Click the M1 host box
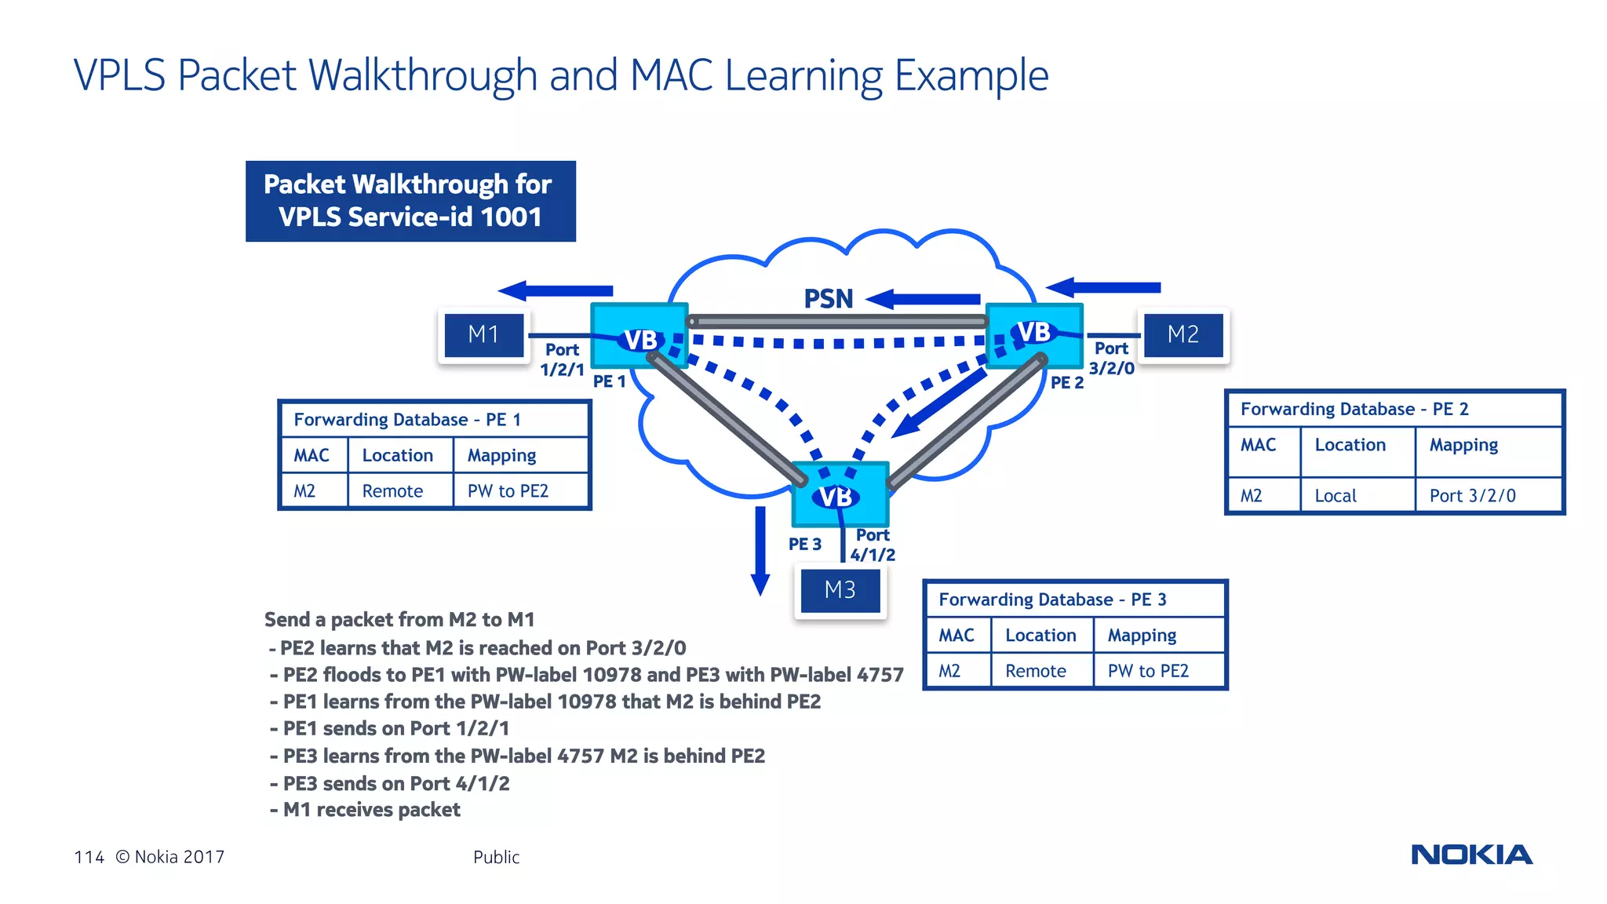coord(483,335)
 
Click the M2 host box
coord(1182,335)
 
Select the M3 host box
coord(840,590)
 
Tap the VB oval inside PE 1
coord(640,340)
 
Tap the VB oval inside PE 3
coord(835,497)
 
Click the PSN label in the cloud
coord(828,299)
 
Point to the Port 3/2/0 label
coord(1111,358)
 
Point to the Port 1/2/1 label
coord(562,359)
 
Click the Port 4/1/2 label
coord(873,545)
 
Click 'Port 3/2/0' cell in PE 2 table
coord(1472,496)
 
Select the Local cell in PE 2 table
coord(1335,496)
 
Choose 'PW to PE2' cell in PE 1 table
coord(508,491)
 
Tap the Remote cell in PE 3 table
coord(1035,671)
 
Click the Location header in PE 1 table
coord(397,455)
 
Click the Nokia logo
coord(1471,855)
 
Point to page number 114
coord(89,857)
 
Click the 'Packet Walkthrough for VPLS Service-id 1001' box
coord(410,201)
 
